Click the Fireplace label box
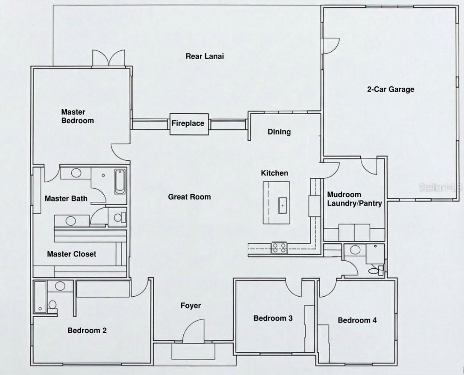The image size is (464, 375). (x=188, y=124)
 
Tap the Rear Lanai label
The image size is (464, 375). (x=204, y=56)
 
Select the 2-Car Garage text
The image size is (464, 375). (x=390, y=89)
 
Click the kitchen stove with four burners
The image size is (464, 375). (x=279, y=248)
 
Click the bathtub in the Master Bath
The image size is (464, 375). (x=120, y=182)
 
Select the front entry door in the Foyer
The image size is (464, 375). (x=192, y=331)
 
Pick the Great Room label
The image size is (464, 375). (x=189, y=197)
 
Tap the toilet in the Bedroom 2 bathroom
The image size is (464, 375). (x=53, y=305)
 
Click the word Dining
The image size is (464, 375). (x=279, y=132)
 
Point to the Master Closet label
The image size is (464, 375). (x=71, y=254)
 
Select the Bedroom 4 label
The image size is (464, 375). (x=357, y=320)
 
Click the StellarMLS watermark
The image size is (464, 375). (x=441, y=187)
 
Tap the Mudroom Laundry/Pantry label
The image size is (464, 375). (x=354, y=199)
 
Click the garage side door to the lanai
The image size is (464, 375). (x=331, y=46)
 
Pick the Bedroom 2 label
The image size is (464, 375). (x=87, y=330)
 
